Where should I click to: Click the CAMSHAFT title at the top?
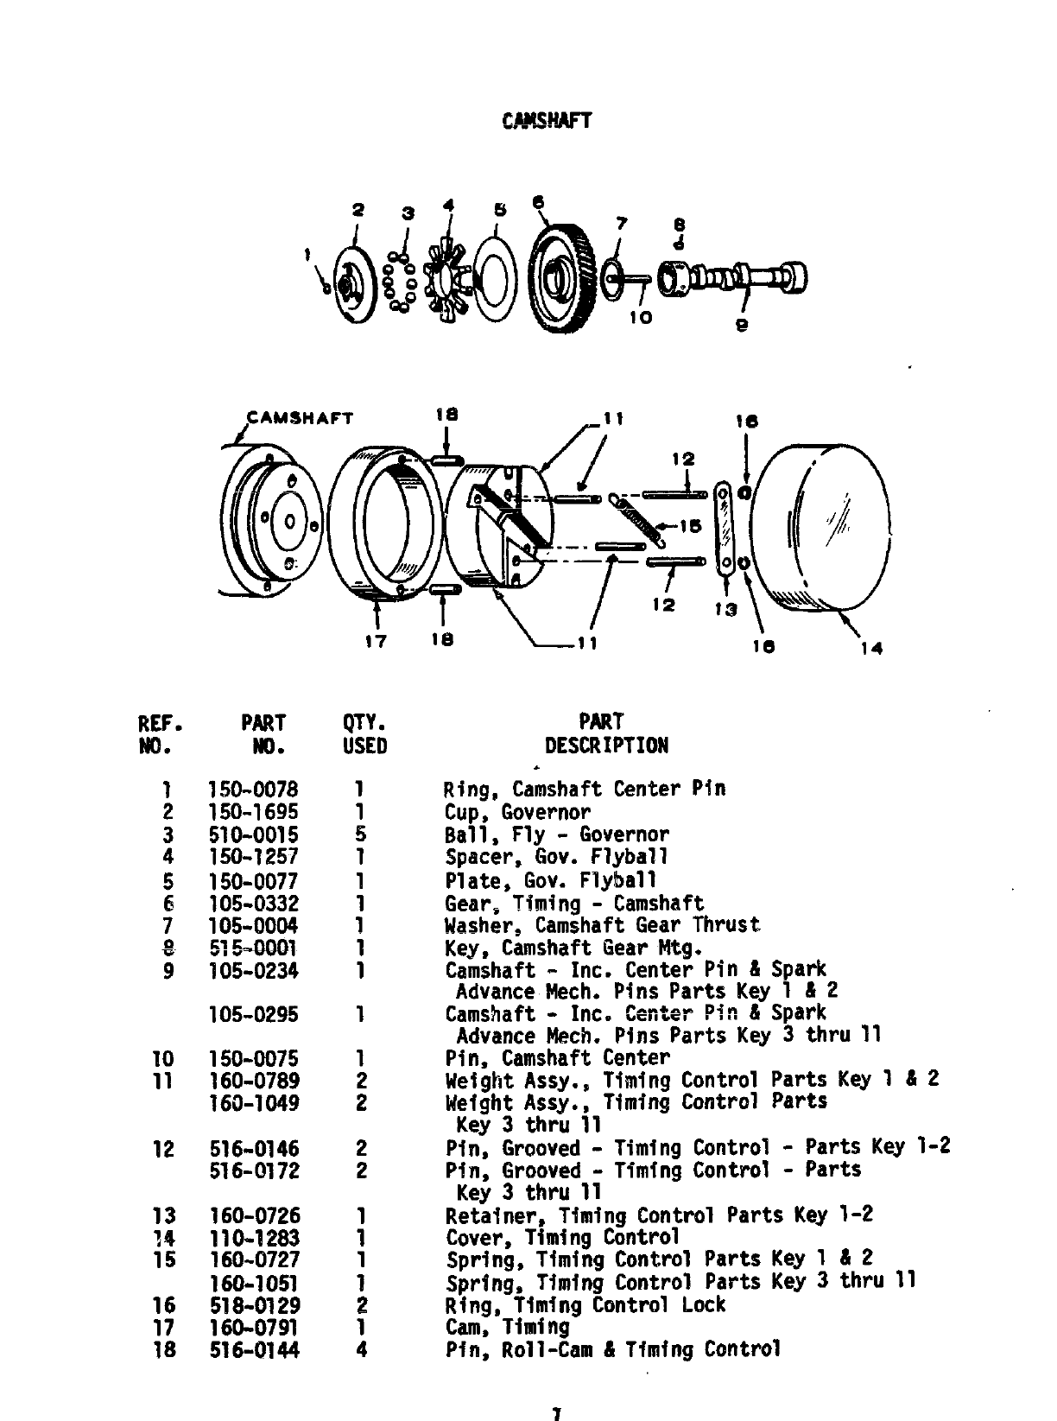pyautogui.click(x=546, y=120)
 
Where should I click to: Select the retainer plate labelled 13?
pyautogui.click(x=724, y=527)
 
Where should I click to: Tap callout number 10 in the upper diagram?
pyautogui.click(x=640, y=317)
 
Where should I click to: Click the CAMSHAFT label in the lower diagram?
pyautogui.click(x=301, y=418)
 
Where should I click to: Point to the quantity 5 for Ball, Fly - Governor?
pyautogui.click(x=361, y=834)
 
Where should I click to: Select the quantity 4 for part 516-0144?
pyautogui.click(x=361, y=1349)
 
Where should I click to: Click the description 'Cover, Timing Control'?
pyautogui.click(x=562, y=1237)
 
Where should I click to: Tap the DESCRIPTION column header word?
pyautogui.click(x=606, y=745)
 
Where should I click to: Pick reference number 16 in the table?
pyautogui.click(x=164, y=1305)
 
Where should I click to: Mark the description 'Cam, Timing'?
pyautogui.click(x=508, y=1327)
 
